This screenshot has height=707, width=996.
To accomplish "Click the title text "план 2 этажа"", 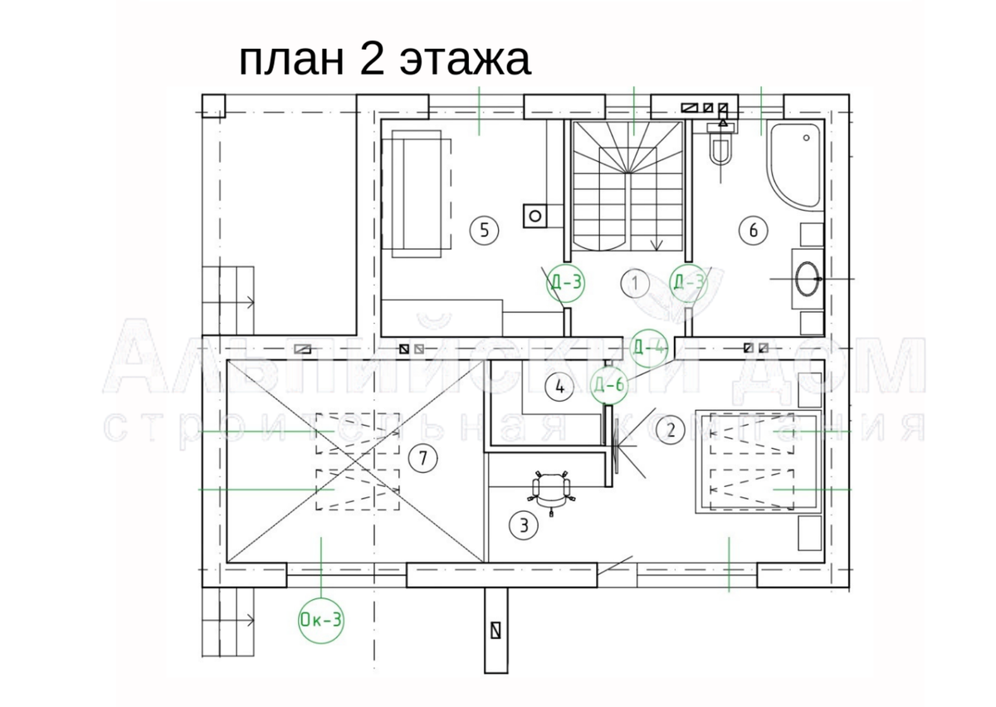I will point(384,61).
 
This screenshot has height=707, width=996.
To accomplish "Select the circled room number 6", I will point(753,230).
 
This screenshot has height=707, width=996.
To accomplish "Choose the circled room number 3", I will point(523,524).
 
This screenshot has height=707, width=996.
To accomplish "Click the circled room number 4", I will point(559,386).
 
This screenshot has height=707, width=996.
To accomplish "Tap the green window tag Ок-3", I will point(321,619).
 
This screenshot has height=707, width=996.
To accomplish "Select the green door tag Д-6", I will point(609,384).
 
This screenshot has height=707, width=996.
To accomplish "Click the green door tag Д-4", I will point(649,347).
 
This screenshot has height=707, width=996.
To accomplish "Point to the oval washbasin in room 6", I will point(807,279).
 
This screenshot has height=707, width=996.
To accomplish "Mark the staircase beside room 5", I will point(627,187).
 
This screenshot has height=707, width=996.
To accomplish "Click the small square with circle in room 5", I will point(535,216).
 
